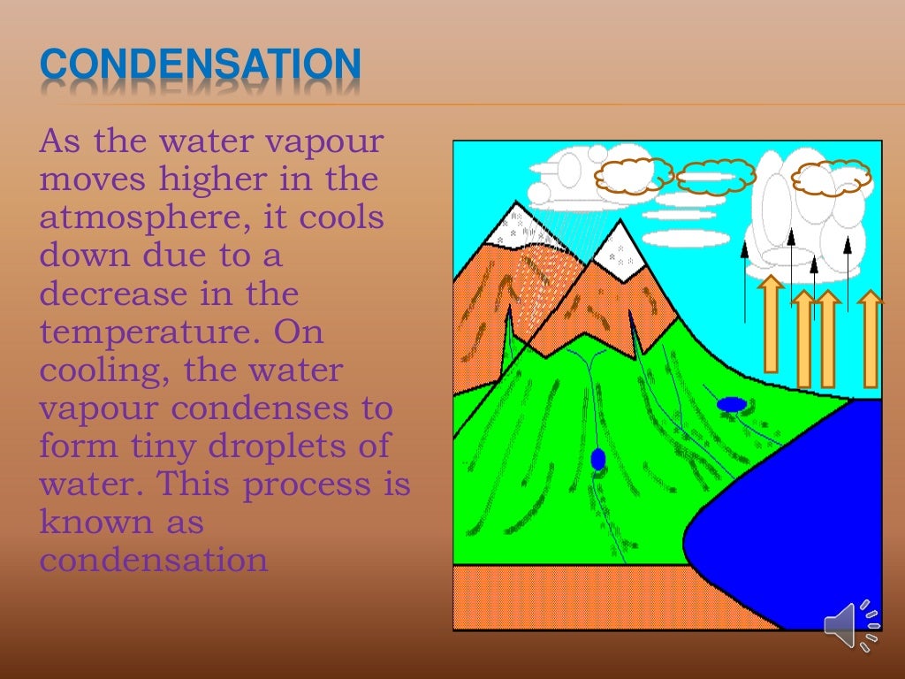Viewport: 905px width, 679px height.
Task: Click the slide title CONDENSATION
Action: pyautogui.click(x=202, y=65)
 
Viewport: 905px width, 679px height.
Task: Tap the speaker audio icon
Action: pyautogui.click(x=851, y=625)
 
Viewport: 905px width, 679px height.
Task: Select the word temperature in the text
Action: pyautogui.click(x=148, y=332)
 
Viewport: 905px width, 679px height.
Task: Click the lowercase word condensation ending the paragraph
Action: pyautogui.click(x=153, y=561)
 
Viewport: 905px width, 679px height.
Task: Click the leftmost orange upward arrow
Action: pyautogui.click(x=771, y=323)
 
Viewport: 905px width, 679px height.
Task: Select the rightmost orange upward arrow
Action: pyautogui.click(x=871, y=339)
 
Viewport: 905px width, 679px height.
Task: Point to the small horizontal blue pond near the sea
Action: pyautogui.click(x=731, y=404)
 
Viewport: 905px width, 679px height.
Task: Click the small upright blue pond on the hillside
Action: pyautogui.click(x=598, y=459)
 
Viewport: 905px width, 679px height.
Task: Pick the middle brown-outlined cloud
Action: pyautogui.click(x=717, y=177)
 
